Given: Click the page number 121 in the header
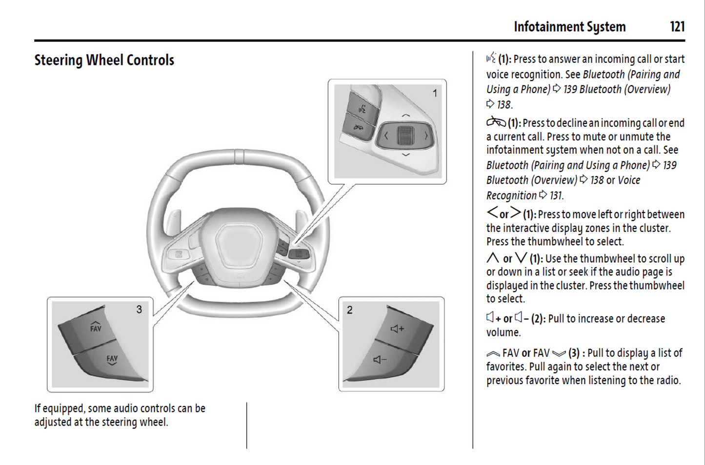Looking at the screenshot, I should (x=677, y=27).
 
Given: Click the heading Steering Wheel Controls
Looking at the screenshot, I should (x=104, y=60).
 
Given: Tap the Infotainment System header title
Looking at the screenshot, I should (x=569, y=27).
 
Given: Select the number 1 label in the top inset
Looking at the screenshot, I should (x=435, y=93).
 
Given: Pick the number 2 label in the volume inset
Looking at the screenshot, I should (x=349, y=310).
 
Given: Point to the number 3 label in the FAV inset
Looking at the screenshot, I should (x=139, y=310).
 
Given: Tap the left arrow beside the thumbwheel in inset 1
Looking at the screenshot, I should (x=386, y=136).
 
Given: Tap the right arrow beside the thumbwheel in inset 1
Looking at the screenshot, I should (x=426, y=136).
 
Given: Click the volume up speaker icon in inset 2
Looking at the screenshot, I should (x=397, y=329).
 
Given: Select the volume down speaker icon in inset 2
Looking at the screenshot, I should (x=380, y=360).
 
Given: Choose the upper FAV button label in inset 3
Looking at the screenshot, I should (x=96, y=327).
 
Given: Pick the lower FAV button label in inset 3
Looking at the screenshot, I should (x=112, y=360).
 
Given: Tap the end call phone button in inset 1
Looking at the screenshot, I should (x=359, y=128).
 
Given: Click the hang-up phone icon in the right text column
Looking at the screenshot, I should (x=496, y=122).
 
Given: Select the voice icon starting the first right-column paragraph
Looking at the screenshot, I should (x=491, y=58).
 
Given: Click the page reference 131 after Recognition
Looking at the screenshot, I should (x=556, y=195).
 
